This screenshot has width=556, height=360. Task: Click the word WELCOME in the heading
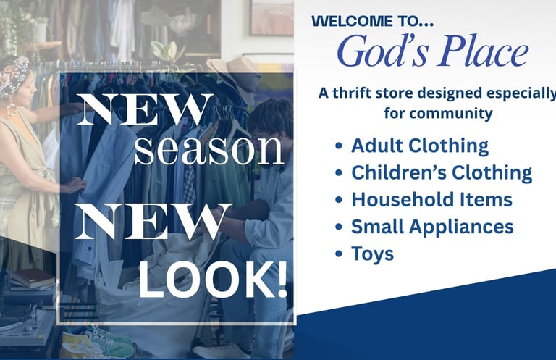click(352, 21)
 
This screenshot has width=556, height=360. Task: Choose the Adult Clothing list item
click(420, 146)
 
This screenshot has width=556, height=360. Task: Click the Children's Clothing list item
click(442, 172)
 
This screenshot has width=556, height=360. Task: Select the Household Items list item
click(432, 199)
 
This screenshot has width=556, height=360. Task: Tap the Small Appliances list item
click(432, 227)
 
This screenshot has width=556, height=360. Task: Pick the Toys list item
click(372, 254)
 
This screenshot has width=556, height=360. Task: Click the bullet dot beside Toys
click(339, 254)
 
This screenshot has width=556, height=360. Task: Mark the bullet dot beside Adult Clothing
click(339, 146)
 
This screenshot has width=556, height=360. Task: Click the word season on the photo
click(209, 150)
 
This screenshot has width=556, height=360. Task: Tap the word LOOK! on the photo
click(213, 280)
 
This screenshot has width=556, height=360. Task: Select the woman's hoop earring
click(12, 109)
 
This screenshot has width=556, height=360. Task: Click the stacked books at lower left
click(33, 278)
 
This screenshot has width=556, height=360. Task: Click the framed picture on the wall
click(272, 17)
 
